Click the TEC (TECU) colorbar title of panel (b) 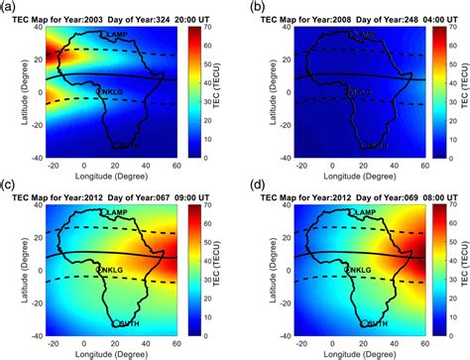[x=459, y=90]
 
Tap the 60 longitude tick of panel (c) [x=191, y=343]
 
